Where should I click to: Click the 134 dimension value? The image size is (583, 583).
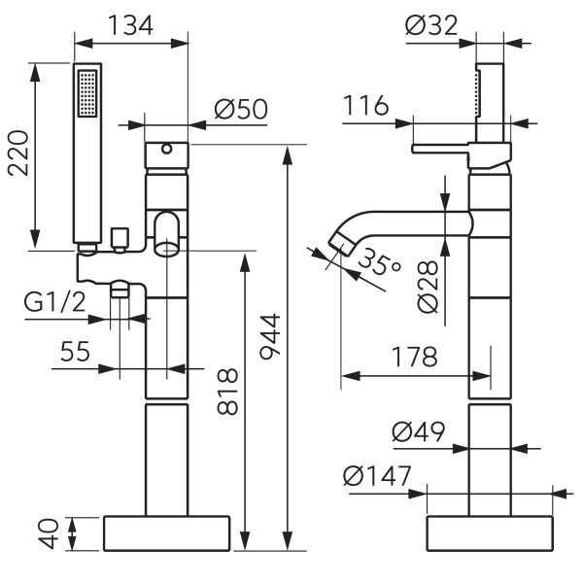[x=131, y=25]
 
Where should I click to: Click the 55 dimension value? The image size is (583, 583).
[x=76, y=352]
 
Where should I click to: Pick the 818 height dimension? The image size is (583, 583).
[x=225, y=391]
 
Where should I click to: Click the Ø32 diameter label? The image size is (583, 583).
[x=432, y=26]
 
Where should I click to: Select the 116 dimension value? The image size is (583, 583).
[x=366, y=105]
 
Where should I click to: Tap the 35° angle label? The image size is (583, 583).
[x=377, y=262]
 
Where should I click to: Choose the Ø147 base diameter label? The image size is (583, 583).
[x=377, y=477]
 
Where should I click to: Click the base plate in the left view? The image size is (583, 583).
[x=166, y=533]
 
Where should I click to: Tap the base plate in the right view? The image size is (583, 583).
[x=489, y=533]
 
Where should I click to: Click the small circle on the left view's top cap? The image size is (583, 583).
[x=166, y=150]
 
